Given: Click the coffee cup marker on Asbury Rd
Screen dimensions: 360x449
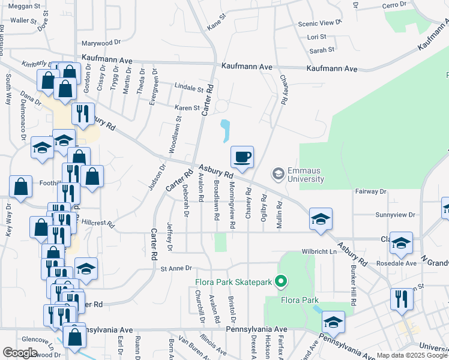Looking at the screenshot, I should click(x=243, y=158).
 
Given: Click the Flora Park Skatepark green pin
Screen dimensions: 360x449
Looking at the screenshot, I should click(x=280, y=281).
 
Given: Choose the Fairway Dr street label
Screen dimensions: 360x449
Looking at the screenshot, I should click(x=371, y=191).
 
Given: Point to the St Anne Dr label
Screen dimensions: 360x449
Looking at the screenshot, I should click(x=175, y=268).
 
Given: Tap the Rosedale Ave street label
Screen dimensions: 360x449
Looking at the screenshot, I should click(x=396, y=263).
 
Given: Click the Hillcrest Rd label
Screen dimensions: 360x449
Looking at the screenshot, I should click(x=98, y=222).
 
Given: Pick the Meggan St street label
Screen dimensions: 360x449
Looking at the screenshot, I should click(x=24, y=6).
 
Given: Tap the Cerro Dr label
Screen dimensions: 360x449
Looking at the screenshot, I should click(x=394, y=5).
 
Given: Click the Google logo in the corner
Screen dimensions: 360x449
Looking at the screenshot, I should click(x=20, y=353).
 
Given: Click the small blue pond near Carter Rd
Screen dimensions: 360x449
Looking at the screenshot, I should click(x=226, y=131).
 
